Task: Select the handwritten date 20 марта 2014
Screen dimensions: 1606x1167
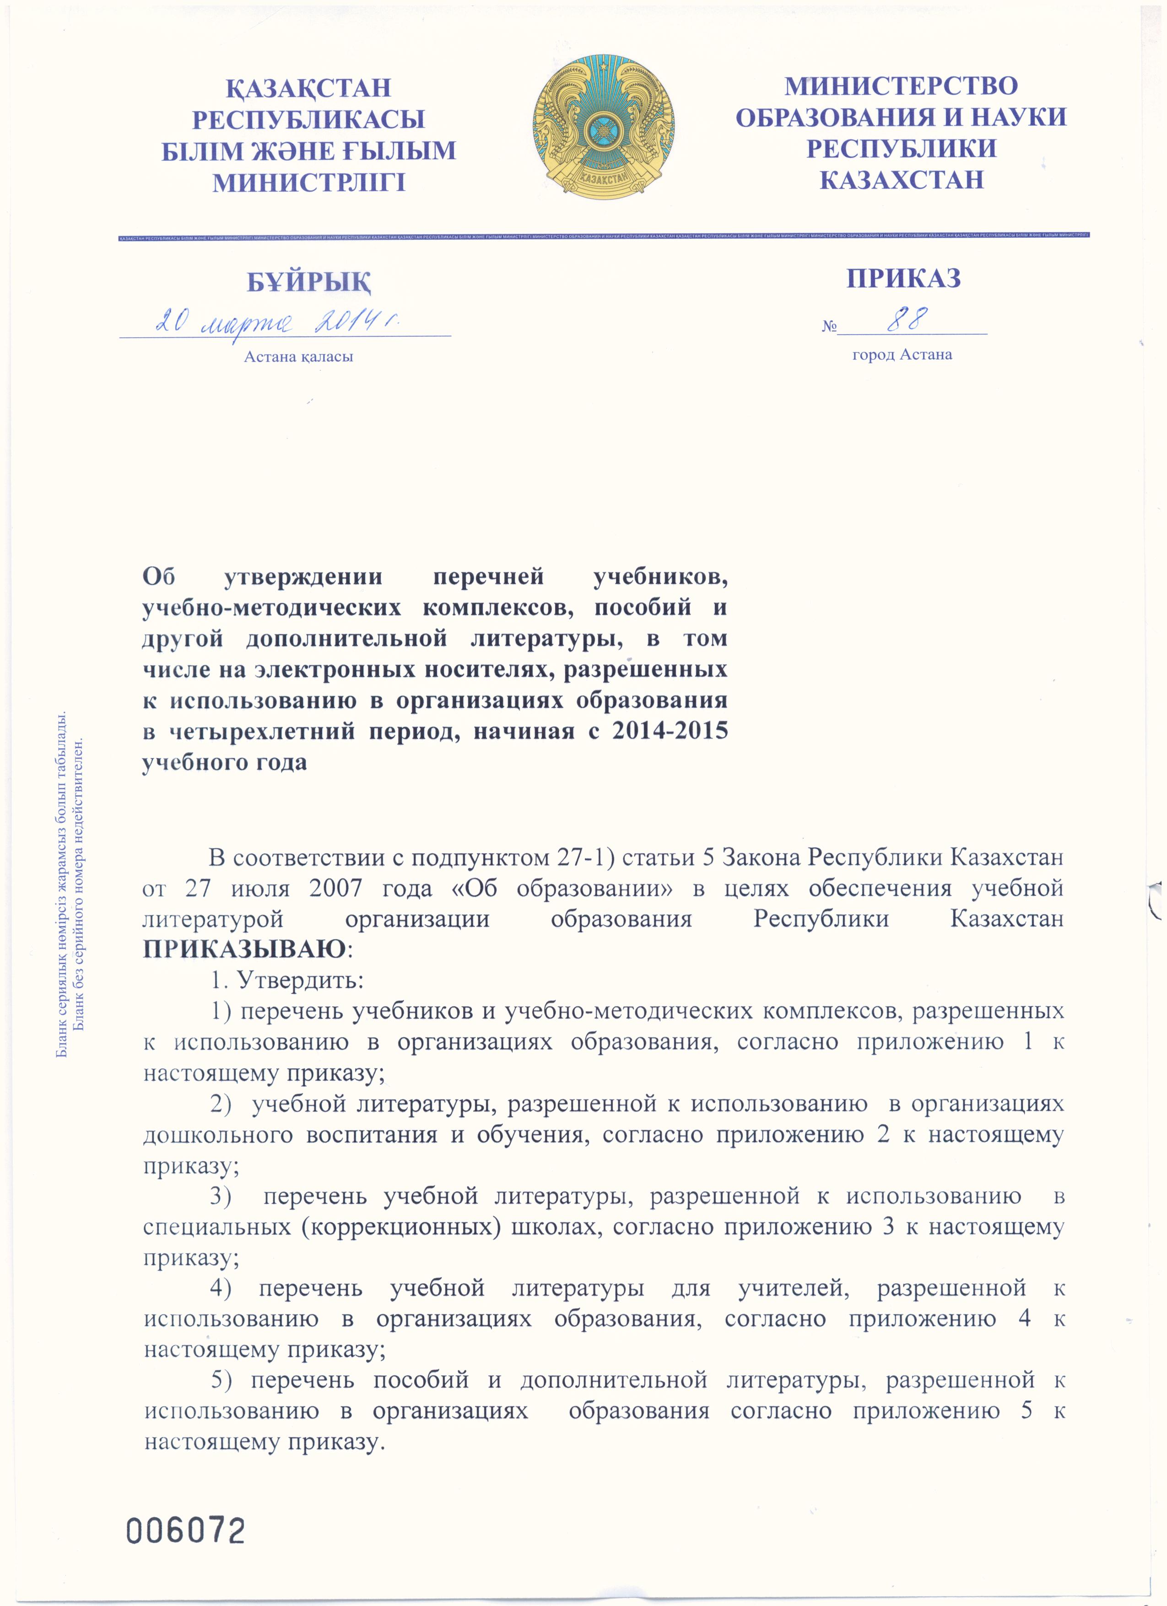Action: (276, 322)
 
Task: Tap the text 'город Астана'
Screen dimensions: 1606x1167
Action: (902, 355)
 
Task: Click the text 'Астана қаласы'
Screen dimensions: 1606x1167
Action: (298, 357)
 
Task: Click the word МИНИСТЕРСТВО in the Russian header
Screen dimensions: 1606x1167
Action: (901, 86)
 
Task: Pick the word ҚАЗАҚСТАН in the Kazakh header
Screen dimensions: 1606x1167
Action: (308, 88)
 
